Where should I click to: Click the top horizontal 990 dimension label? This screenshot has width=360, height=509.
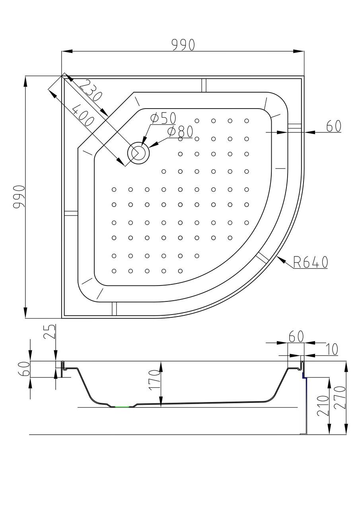tap(183, 45)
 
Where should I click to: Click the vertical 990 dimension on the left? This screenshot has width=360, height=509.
tap(19, 197)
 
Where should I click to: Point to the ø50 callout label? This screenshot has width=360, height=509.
tap(163, 118)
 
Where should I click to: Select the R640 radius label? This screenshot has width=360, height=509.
tap(310, 262)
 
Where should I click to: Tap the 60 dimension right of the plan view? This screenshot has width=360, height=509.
tap(333, 126)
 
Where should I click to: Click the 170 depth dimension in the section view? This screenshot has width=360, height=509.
tap(154, 381)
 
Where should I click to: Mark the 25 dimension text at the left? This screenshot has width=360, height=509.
tap(49, 331)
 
